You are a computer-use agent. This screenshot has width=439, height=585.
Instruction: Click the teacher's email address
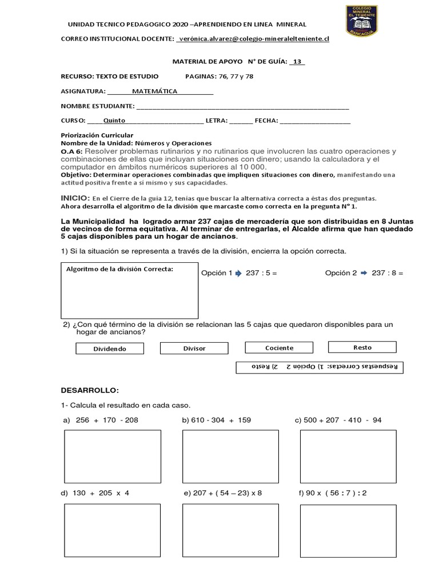point(253,38)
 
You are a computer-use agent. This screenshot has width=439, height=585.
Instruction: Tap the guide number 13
point(297,62)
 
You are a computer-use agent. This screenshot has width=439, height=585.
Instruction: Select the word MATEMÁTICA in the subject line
point(154,91)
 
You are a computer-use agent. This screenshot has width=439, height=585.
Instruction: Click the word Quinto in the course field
point(114,121)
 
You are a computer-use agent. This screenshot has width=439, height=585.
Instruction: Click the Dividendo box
point(109,348)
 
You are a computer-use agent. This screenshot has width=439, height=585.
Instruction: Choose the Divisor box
point(194,348)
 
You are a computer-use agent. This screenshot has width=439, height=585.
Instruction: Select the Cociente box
point(279,347)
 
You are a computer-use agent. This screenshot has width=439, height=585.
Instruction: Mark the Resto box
point(362,347)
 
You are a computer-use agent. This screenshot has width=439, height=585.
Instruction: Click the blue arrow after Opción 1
point(238,273)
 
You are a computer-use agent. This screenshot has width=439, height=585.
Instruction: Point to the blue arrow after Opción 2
point(364,273)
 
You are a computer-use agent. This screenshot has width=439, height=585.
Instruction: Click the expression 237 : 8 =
point(387,273)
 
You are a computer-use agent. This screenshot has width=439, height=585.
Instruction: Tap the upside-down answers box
point(320,367)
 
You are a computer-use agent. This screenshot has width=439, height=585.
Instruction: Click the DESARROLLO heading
point(90,390)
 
